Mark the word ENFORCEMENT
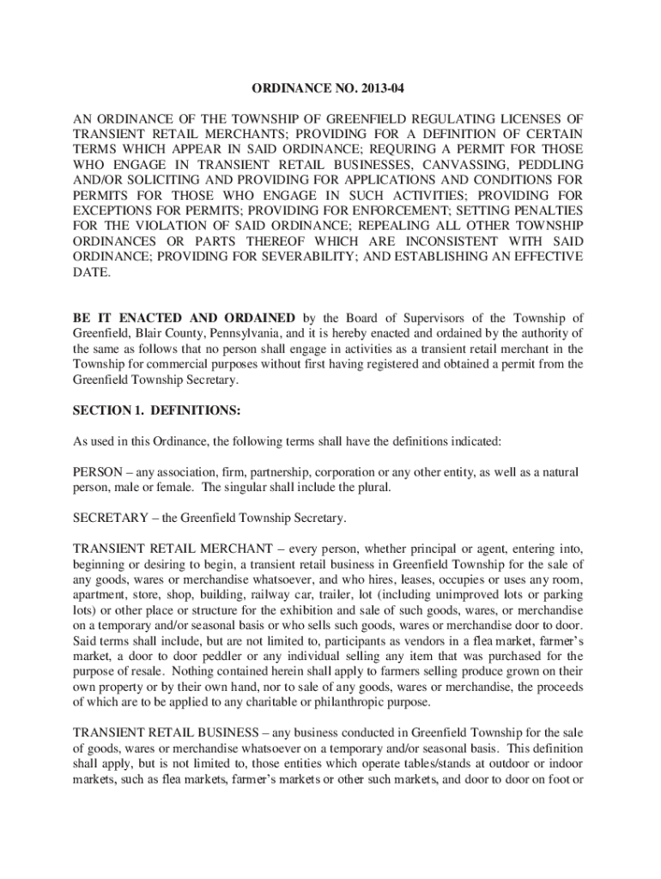click(379, 210)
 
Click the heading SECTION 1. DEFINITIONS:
click(156, 410)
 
